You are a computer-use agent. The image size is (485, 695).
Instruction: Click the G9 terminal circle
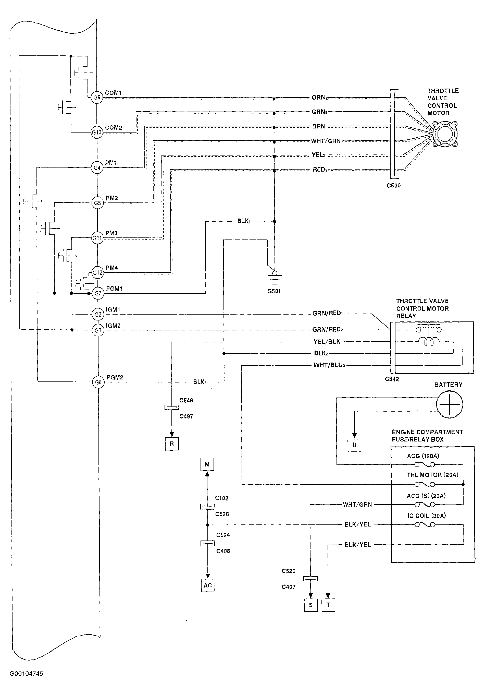[x=97, y=98]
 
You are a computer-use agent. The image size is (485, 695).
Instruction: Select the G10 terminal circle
[x=97, y=132]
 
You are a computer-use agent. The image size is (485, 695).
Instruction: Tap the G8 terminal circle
[x=98, y=382]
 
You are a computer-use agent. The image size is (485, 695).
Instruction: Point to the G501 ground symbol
[x=275, y=277]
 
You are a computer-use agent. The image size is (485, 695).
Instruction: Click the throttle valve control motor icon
[x=444, y=134]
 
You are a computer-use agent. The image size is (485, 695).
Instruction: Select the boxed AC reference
[x=208, y=585]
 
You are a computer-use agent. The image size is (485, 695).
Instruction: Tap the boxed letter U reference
[x=355, y=445]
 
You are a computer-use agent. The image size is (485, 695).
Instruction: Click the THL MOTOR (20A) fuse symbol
[x=425, y=484]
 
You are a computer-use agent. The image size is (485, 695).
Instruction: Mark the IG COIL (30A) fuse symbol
[x=425, y=525]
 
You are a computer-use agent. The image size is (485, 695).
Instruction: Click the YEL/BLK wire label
[x=327, y=342]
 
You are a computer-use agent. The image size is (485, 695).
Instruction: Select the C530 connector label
[x=394, y=186]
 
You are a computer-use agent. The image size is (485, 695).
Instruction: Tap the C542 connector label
[x=392, y=379]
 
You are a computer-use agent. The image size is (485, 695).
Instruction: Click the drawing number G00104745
[x=26, y=674]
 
